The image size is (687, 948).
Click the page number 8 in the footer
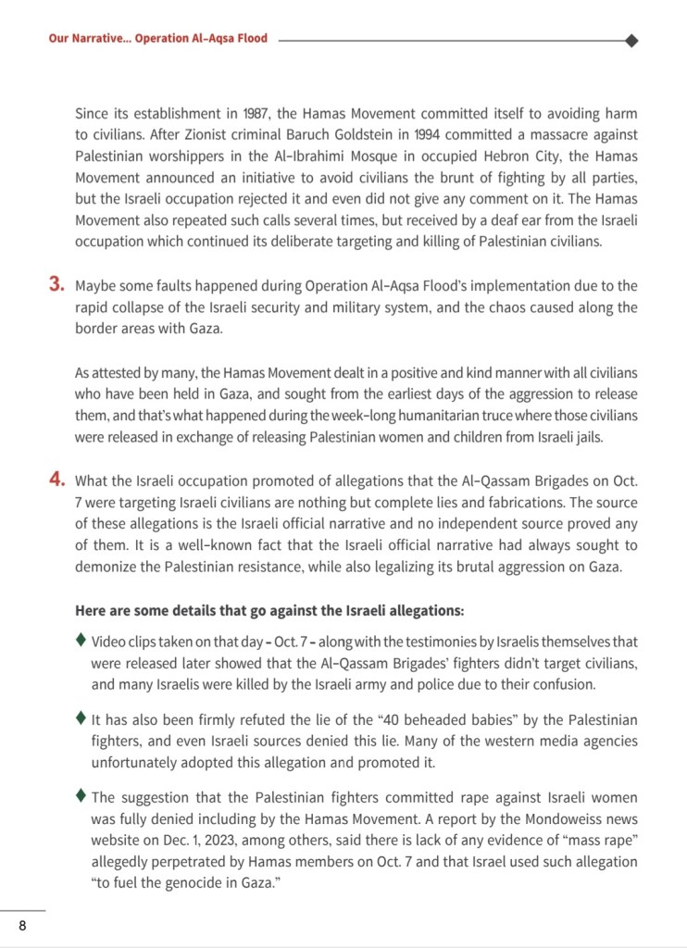click(x=22, y=926)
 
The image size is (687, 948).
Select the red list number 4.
click(x=56, y=480)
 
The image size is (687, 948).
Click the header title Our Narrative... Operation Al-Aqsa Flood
click(x=157, y=40)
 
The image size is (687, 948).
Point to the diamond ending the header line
click(x=631, y=40)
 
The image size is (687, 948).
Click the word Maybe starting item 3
click(x=97, y=286)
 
